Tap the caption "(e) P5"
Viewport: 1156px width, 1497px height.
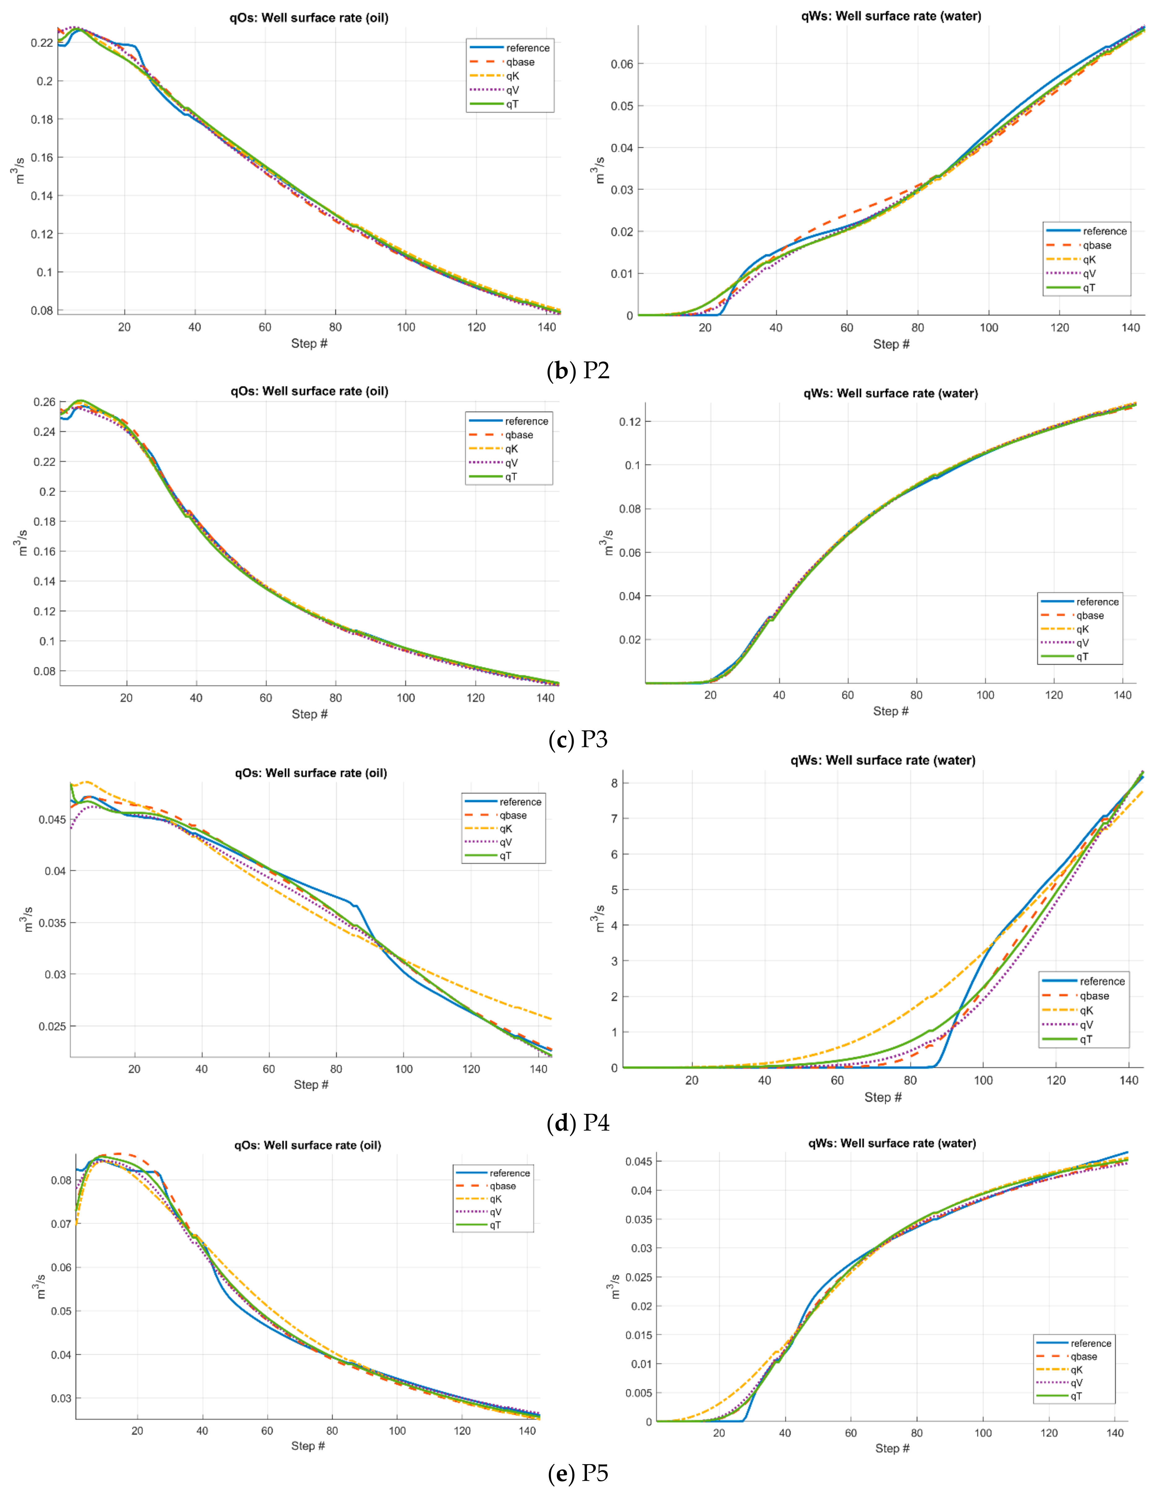578,1472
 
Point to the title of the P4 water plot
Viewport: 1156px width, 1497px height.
882,760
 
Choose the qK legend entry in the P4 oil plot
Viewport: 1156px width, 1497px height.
505,829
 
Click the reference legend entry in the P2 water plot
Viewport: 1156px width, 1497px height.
1104,231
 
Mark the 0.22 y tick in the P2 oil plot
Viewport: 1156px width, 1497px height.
42,42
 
